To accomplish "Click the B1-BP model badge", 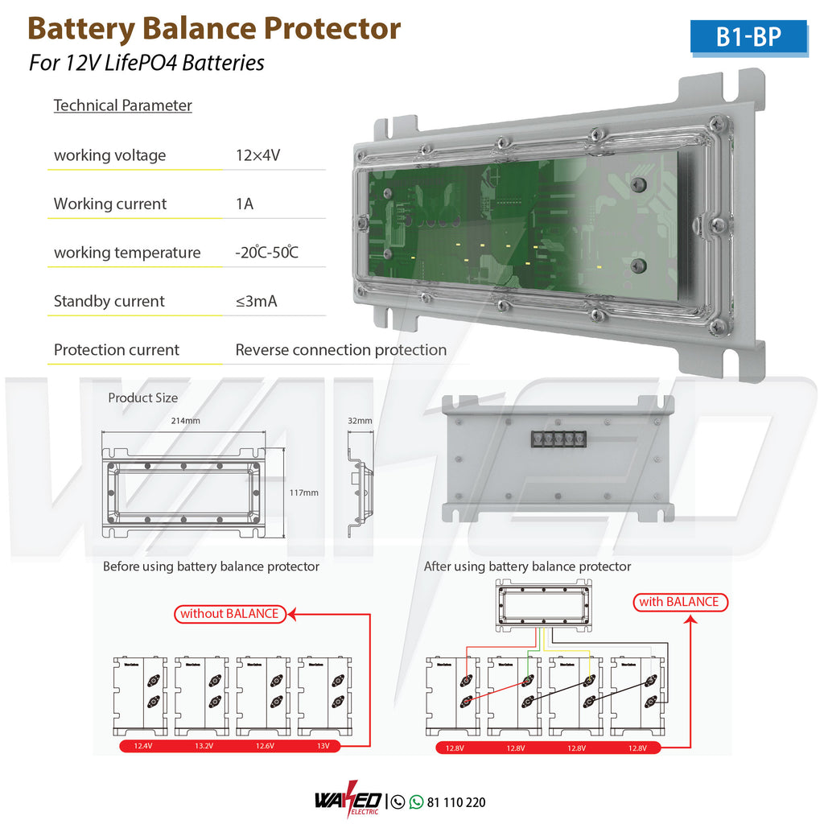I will click(x=748, y=37).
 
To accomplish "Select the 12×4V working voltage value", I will click(x=257, y=155).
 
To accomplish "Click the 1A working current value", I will click(x=245, y=204).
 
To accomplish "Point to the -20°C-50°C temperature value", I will click(x=267, y=253).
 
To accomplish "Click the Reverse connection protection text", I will click(x=340, y=350).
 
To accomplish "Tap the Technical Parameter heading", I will click(x=122, y=105).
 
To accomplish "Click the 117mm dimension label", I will click(x=303, y=492).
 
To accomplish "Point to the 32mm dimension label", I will click(x=360, y=420).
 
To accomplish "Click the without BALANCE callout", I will click(x=229, y=614).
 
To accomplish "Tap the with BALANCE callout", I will click(x=678, y=602).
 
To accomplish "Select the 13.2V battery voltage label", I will click(x=204, y=747).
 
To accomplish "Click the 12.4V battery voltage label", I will click(x=142, y=747).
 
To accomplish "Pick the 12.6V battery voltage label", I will click(x=265, y=747).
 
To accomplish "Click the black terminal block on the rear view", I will click(x=556, y=439).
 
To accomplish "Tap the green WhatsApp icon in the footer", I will click(x=416, y=801).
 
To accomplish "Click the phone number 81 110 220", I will click(x=456, y=802).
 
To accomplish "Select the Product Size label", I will click(x=143, y=398).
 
